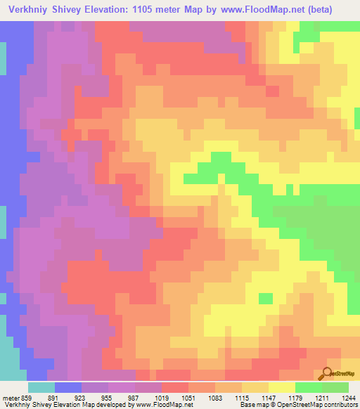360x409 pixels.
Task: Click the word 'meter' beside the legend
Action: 11,397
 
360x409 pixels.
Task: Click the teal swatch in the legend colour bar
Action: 41,387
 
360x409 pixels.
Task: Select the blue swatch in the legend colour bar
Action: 68,387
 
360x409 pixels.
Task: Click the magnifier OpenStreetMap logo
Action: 328,372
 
